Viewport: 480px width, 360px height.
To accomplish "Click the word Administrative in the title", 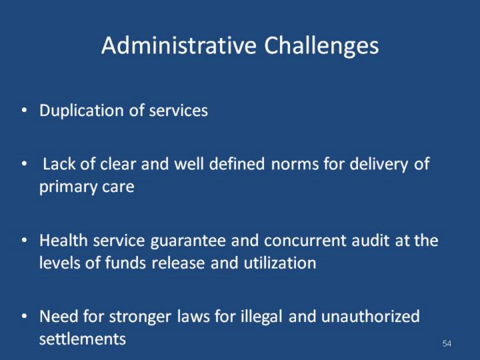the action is click(179, 45).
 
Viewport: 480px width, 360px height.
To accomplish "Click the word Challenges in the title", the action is click(321, 46).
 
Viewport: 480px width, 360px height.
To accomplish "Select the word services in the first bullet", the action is click(178, 111).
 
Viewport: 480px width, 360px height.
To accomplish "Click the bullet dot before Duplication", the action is click(25, 110).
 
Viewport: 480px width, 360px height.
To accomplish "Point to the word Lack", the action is click(59, 163).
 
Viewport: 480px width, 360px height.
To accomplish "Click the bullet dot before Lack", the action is click(25, 164).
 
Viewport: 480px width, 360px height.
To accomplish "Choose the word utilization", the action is click(280, 263).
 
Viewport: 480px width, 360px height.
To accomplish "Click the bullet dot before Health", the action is click(25, 240).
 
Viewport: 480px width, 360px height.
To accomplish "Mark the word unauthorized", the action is click(371, 316).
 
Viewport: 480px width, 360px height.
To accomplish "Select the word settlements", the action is click(83, 339).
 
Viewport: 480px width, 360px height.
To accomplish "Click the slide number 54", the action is click(447, 343).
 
